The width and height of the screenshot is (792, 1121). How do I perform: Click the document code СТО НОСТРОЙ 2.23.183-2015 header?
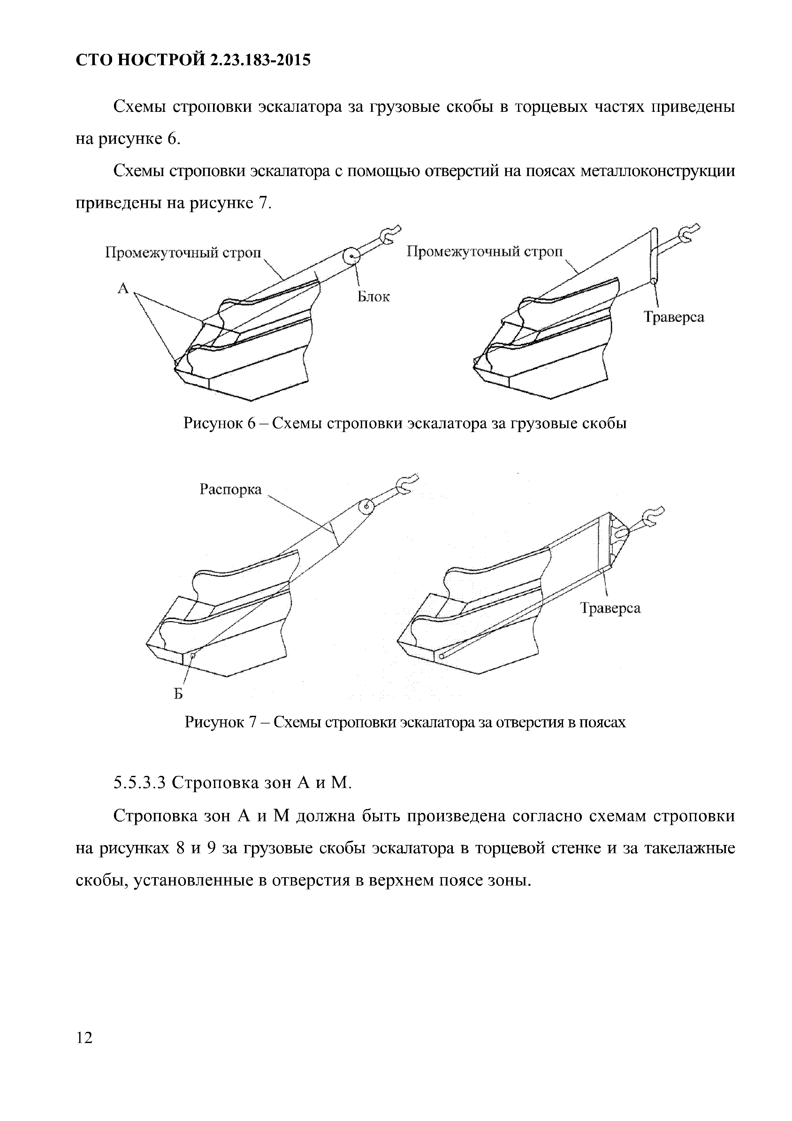193,60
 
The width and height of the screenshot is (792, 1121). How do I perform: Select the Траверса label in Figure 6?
674,317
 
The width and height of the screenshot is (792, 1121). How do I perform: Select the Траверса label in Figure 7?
610,608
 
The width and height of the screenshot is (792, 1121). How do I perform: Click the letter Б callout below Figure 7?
179,694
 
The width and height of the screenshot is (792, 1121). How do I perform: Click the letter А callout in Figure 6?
123,289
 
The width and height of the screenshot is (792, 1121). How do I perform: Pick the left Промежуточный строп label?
184,252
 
